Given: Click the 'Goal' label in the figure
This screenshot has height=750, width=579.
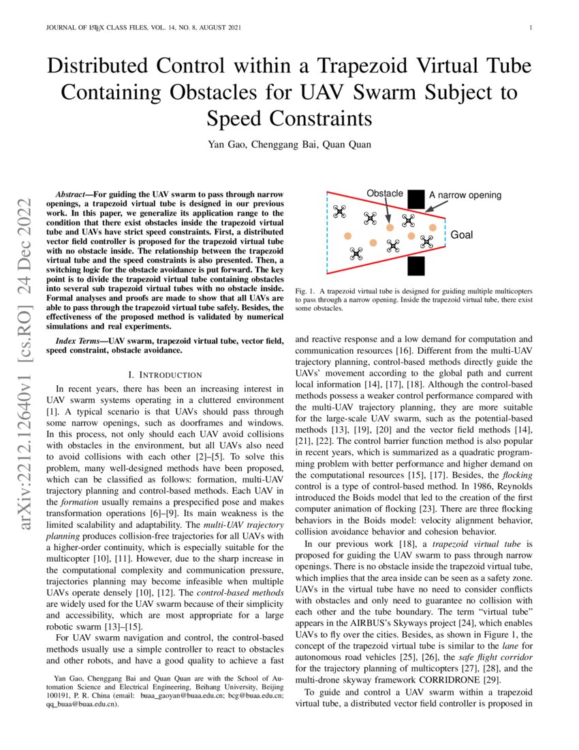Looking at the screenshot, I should pyautogui.click(x=462, y=235).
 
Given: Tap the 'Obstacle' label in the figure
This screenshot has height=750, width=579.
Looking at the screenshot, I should pyautogui.click(x=385, y=194).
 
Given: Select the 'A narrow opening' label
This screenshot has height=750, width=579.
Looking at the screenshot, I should pyautogui.click(x=465, y=195).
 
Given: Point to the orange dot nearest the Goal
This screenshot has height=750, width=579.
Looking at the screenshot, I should pyautogui.click(x=433, y=227).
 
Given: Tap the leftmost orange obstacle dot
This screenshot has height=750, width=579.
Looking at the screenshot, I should pyautogui.click(x=347, y=236).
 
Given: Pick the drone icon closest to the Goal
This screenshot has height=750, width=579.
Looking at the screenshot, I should pyautogui.click(x=426, y=241).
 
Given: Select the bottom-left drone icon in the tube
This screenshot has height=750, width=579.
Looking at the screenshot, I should pyautogui.click(x=356, y=254).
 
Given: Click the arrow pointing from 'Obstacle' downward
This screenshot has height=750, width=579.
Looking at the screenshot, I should pyautogui.click(x=387, y=211).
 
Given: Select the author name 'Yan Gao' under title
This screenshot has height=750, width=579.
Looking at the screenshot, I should pyautogui.click(x=227, y=145).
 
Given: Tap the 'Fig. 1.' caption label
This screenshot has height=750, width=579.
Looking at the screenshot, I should pyautogui.click(x=305, y=292).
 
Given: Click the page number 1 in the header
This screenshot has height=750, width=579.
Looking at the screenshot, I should pyautogui.click(x=530, y=28).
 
